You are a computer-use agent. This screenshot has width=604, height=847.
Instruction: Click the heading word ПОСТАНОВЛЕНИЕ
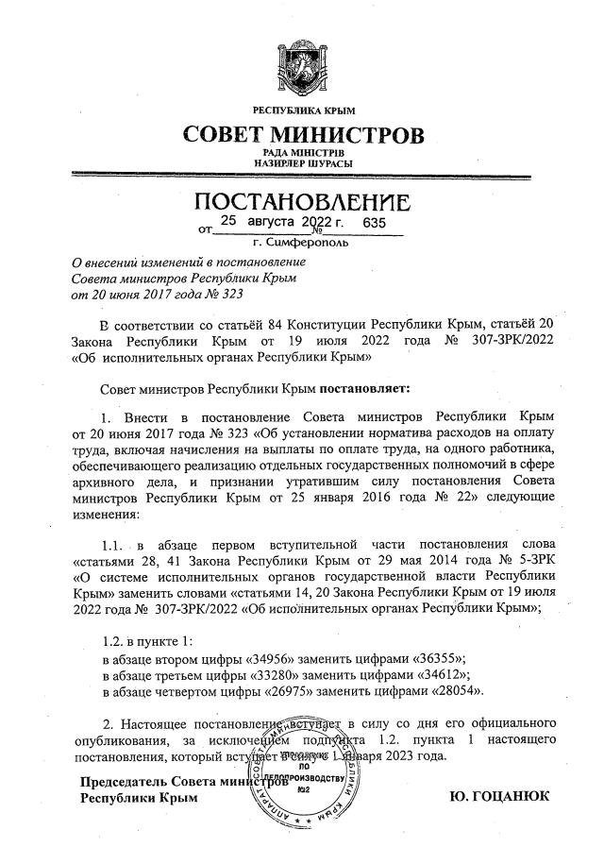(x=302, y=203)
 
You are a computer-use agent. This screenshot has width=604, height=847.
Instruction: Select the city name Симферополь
(x=308, y=242)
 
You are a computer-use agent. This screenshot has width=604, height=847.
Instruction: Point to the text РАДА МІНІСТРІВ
(x=302, y=152)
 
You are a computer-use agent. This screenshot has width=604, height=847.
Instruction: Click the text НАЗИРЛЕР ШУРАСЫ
(x=302, y=163)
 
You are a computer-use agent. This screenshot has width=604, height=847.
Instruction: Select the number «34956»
(x=274, y=657)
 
